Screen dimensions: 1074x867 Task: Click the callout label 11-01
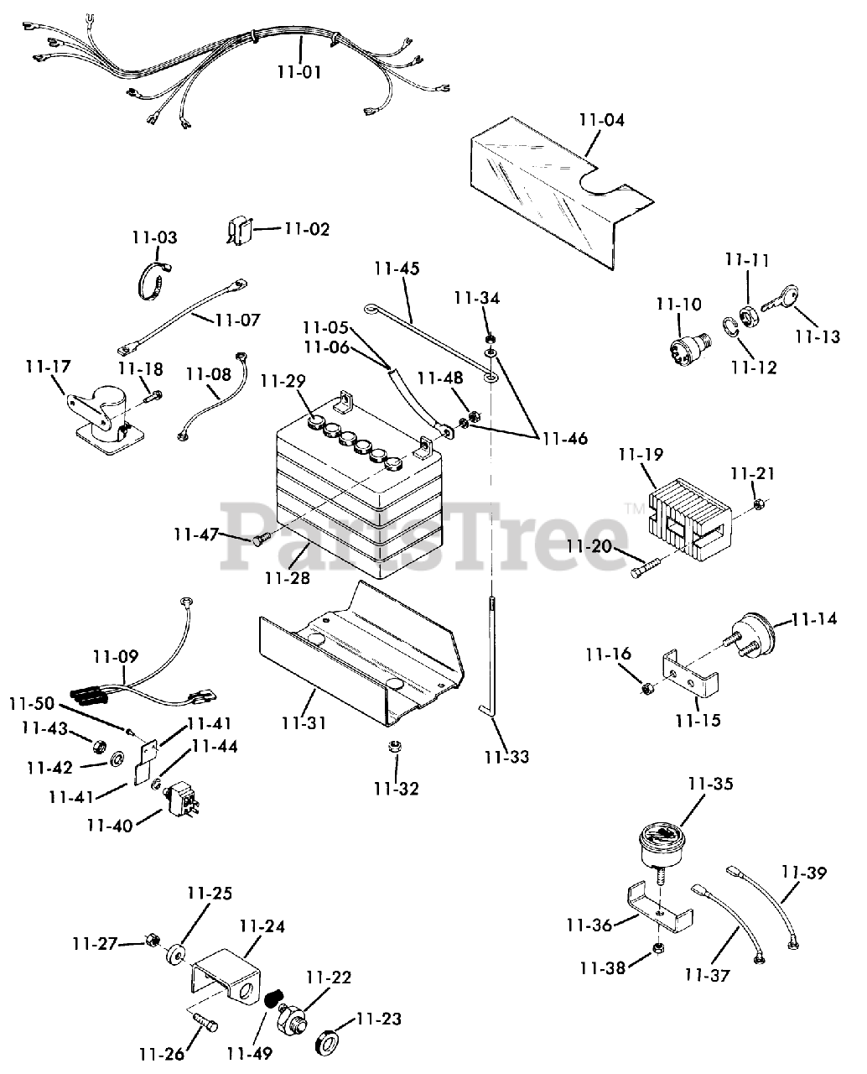pos(299,72)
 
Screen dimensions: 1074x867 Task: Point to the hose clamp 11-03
pos(151,281)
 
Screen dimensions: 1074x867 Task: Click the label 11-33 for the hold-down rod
pos(506,756)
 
